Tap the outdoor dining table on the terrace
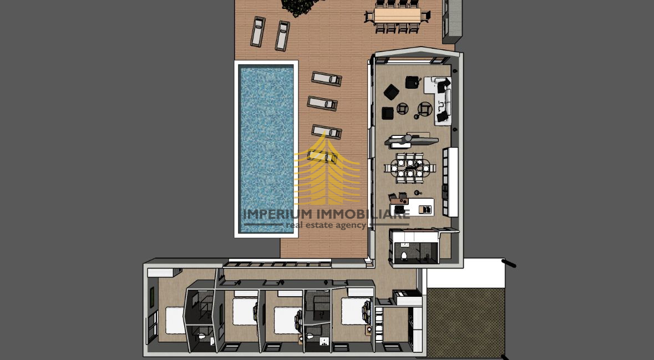pyautogui.click(x=398, y=14)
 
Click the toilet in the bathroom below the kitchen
pyautogui.click(x=404, y=255)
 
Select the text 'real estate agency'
pyautogui.click(x=325, y=225)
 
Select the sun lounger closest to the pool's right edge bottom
pyautogui.click(x=322, y=156)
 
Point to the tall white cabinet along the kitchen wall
pyautogui.click(x=450, y=181)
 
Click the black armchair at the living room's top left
pyautogui.click(x=392, y=92)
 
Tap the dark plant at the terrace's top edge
pyautogui.click(x=298, y=6)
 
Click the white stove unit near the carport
pyautogui.click(x=406, y=298)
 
